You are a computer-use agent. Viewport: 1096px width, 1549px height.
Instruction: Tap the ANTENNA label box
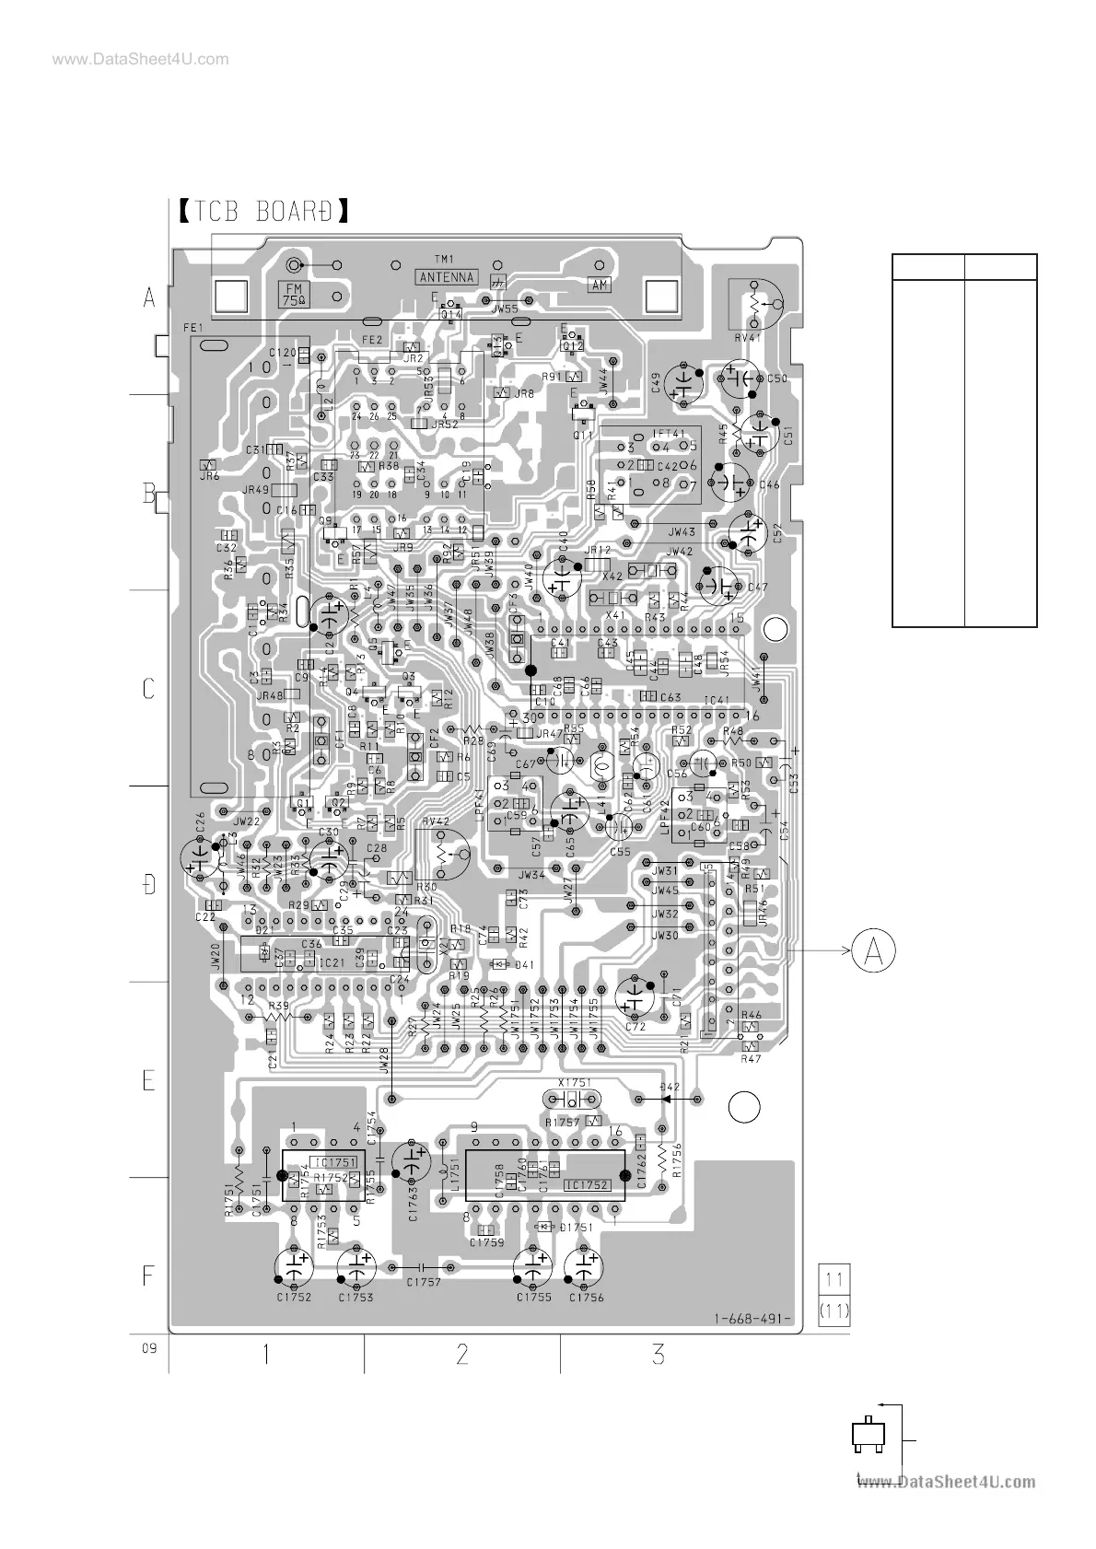pos(446,276)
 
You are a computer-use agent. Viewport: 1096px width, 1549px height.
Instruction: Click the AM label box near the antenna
pos(600,285)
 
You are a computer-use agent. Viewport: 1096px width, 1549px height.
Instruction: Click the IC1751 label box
pos(333,1162)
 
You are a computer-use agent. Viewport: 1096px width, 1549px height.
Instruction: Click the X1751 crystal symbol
pos(572,1099)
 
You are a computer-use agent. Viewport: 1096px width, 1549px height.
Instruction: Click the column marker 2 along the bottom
pos(462,1354)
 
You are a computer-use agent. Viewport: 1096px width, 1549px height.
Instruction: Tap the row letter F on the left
pos(148,1275)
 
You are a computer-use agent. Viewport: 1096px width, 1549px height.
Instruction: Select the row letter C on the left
pos(148,689)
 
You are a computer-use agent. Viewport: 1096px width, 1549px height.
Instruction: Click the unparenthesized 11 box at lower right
pos(834,1279)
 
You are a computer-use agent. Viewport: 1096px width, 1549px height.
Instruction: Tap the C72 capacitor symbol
pos(635,996)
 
